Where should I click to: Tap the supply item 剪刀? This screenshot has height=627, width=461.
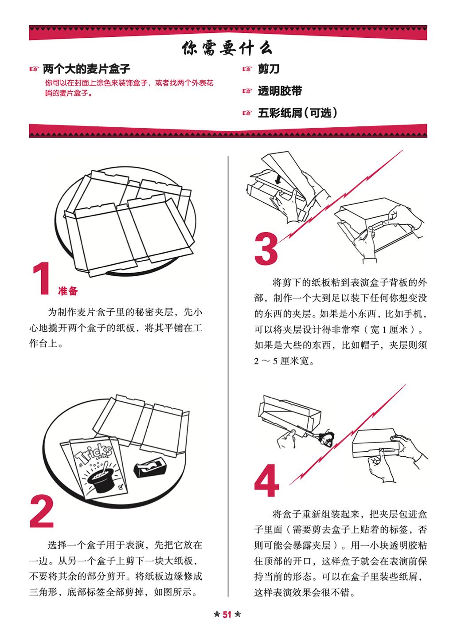[x=269, y=69]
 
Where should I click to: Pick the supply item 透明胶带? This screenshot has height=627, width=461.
[x=280, y=91]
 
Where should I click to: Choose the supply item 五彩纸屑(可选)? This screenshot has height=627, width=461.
[x=297, y=113]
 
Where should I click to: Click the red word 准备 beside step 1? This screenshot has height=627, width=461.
[x=68, y=291]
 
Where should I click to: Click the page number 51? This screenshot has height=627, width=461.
[x=227, y=614]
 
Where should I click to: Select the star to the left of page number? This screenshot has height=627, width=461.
[x=216, y=614]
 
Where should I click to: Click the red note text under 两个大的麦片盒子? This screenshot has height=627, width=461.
[x=129, y=87]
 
